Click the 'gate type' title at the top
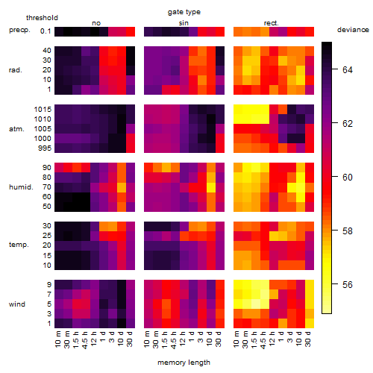[184, 12]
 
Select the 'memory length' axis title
[184, 363]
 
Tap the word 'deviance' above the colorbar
[353, 30]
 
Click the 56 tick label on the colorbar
[348, 284]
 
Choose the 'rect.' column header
[272, 23]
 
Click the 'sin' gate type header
[184, 23]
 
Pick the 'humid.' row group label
[21, 187]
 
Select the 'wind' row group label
[17, 304]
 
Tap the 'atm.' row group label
[16, 129]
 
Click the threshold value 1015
[43, 110]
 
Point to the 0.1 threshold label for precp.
[46, 31]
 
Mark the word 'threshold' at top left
[42, 18]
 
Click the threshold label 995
[45, 148]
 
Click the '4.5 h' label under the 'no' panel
[85, 340]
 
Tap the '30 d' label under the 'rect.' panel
[308, 339]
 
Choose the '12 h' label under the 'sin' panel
[183, 339]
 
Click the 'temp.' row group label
[19, 245]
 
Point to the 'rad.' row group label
[16, 70]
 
